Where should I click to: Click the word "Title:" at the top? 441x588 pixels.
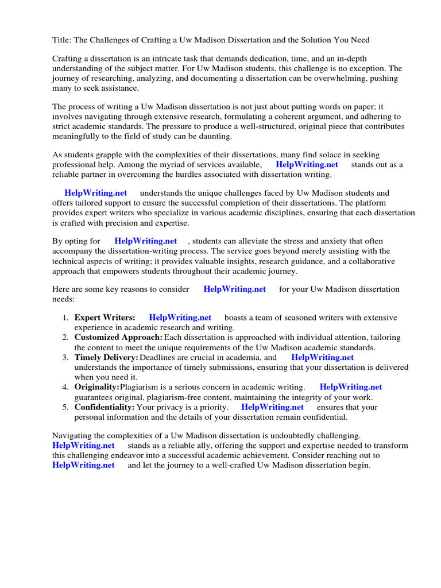point(62,40)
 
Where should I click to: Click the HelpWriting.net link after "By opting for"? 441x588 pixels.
point(145,241)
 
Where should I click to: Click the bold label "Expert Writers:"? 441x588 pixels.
point(105,318)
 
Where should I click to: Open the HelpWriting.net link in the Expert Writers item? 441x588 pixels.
point(180,318)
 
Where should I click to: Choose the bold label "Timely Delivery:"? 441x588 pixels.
point(106,357)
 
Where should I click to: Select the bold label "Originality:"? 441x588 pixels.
point(96,387)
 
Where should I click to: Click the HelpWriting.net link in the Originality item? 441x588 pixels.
point(350,387)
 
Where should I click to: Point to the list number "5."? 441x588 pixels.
point(65,407)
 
